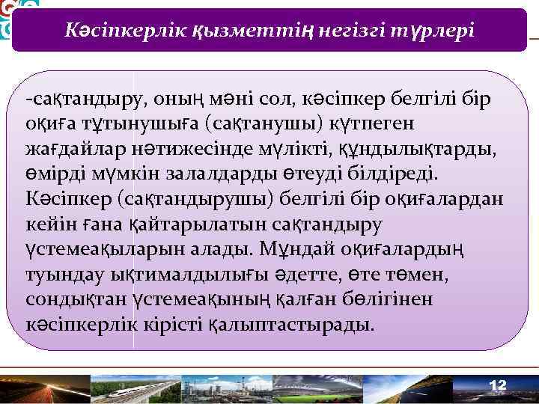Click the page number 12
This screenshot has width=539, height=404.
[498, 385]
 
